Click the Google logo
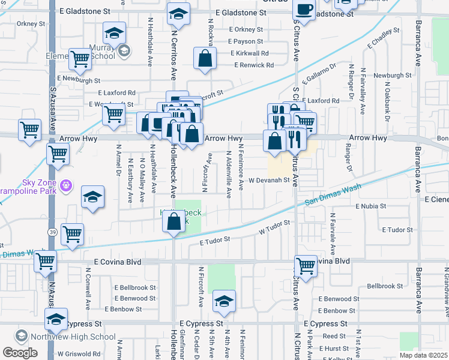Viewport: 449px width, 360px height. [20, 353]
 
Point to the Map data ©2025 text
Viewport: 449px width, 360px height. [423, 355]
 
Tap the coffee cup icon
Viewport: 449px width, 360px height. [304, 10]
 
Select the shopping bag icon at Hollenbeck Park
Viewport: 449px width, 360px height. [173, 222]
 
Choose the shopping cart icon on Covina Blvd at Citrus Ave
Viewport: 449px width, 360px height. [306, 264]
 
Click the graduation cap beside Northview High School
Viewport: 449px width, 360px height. [56, 320]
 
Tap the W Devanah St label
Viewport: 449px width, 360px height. [270, 179]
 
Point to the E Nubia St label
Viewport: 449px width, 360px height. [374, 206]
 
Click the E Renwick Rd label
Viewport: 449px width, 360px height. [252, 65]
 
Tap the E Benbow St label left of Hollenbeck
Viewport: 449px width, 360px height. [123, 310]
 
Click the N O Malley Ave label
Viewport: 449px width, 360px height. [142, 175]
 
